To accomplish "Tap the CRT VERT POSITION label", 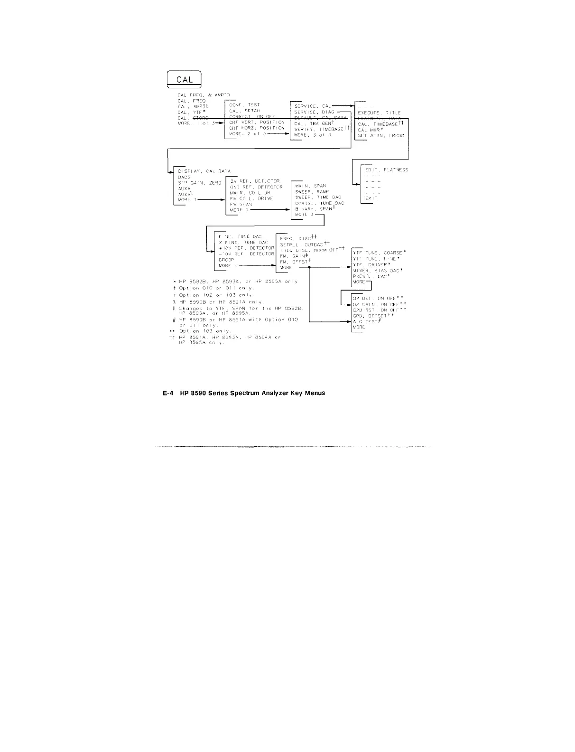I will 257,122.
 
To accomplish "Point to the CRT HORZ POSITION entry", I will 257,128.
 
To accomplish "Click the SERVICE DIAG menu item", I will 315,112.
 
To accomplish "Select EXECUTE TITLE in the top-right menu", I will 379,113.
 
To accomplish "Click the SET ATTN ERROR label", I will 381,136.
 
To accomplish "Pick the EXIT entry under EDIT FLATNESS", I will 371,198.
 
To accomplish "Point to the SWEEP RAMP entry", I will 312,192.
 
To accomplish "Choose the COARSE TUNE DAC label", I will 319,203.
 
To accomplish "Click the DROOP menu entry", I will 226,260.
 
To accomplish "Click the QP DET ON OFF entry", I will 378,299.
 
